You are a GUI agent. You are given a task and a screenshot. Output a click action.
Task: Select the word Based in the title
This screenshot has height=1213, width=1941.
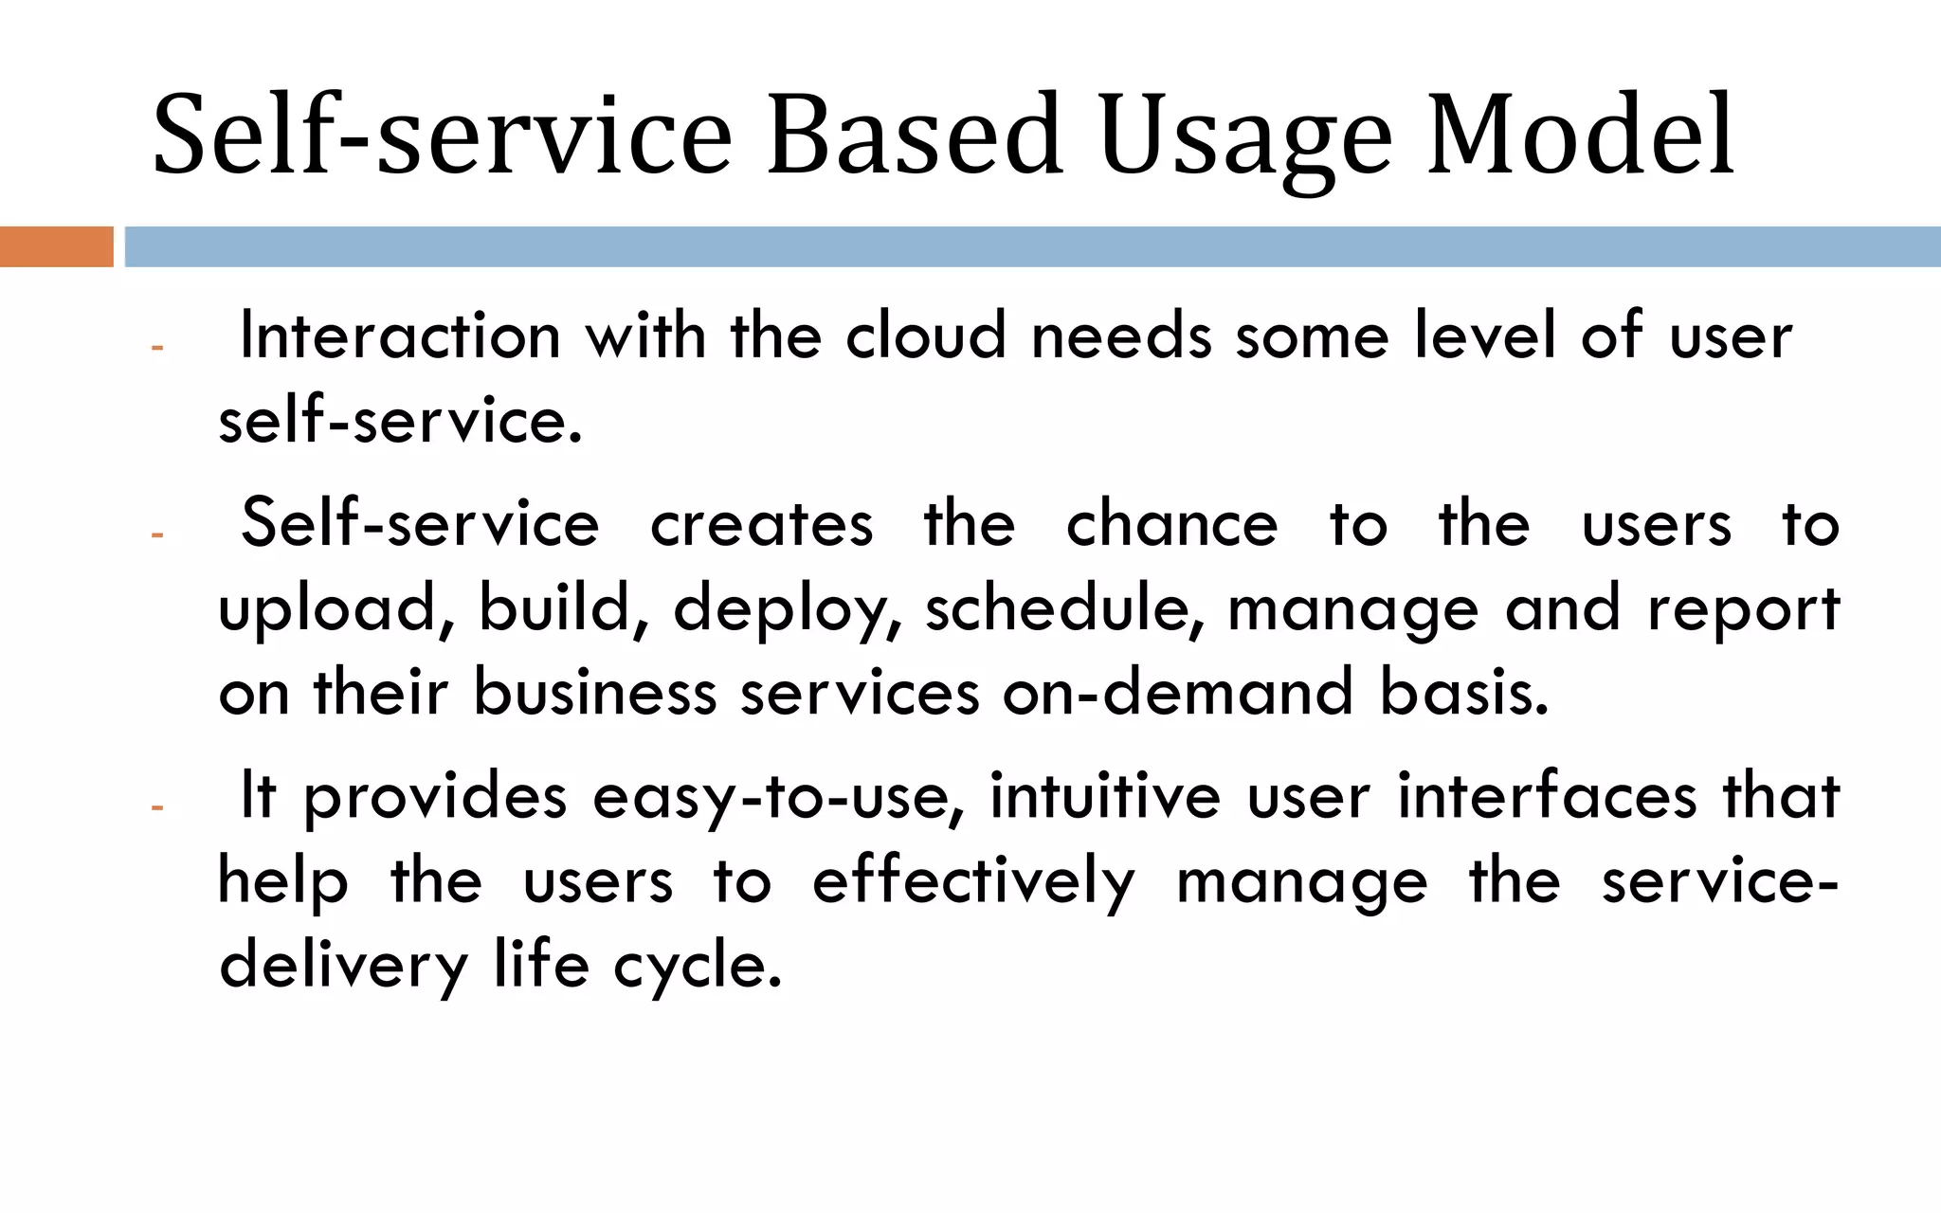[914, 135]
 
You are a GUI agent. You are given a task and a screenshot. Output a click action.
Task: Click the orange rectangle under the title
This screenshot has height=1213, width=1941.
[56, 246]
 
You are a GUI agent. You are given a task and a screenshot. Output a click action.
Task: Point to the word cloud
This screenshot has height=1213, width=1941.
[925, 336]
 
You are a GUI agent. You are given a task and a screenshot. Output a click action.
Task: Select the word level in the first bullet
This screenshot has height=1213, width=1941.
[1484, 336]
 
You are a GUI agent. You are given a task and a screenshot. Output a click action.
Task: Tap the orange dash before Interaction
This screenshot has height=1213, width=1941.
[157, 348]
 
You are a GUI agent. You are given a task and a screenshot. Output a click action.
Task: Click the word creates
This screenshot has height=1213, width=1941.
[761, 524]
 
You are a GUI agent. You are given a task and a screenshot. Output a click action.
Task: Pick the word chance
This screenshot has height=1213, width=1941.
[1171, 524]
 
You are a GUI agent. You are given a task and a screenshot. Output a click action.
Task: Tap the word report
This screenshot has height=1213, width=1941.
[1743, 609]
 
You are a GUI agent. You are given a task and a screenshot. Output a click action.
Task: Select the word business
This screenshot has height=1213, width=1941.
[594, 692]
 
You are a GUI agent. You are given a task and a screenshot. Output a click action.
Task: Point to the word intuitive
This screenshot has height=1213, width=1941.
[1105, 796]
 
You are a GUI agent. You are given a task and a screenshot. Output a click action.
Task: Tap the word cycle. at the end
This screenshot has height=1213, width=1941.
[698, 967]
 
